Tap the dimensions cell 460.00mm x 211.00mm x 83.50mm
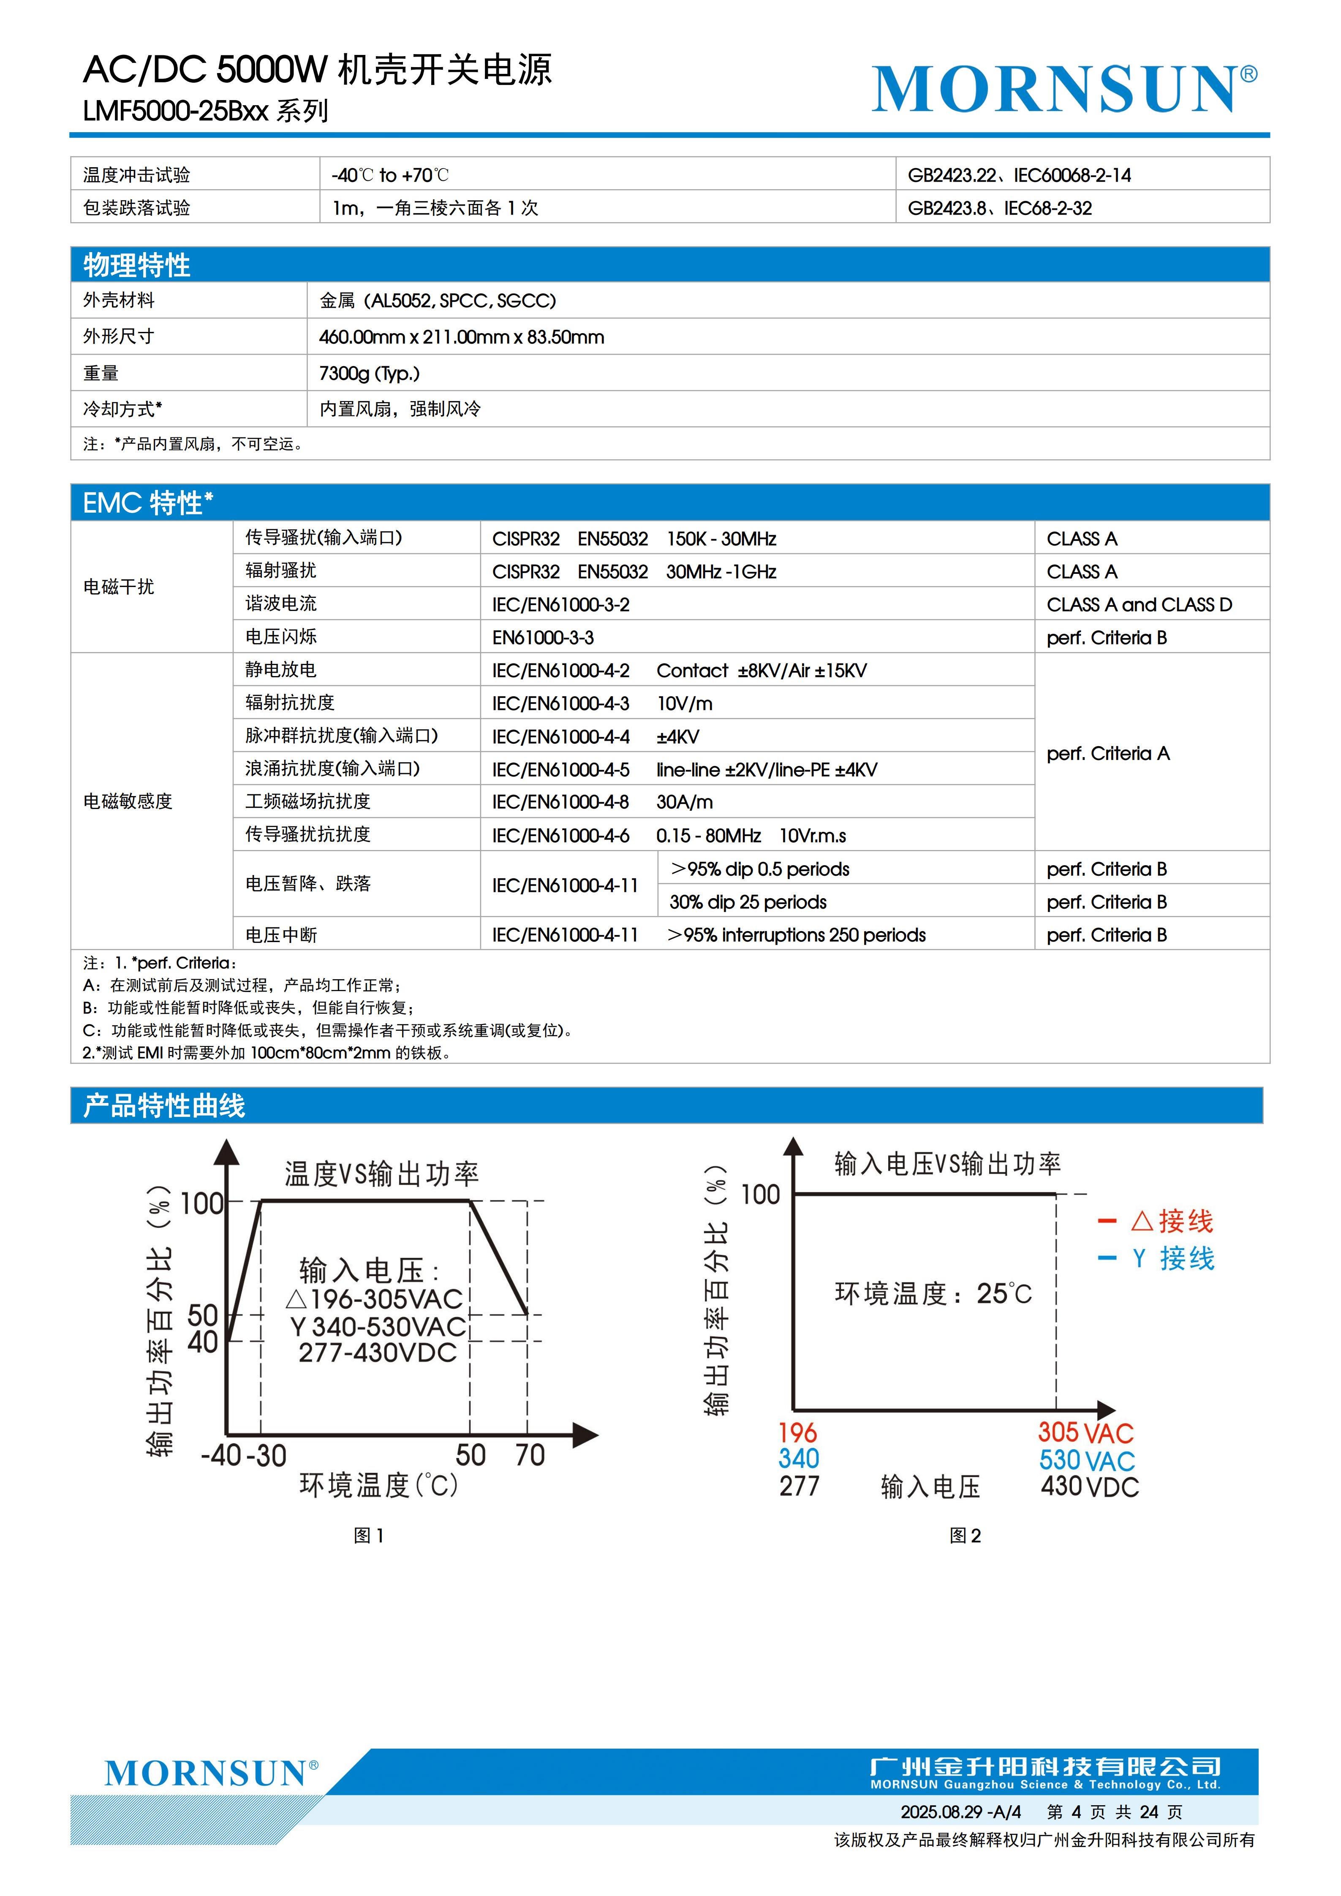(x=462, y=337)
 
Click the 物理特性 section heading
(x=137, y=265)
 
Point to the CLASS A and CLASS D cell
(x=1139, y=604)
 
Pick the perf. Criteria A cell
(x=1107, y=753)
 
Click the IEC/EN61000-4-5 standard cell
(x=560, y=770)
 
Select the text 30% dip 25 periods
(x=747, y=902)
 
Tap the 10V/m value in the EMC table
(x=685, y=704)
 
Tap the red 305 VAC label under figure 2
(x=1085, y=1433)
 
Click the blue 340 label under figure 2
(x=799, y=1459)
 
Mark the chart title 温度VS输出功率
(x=381, y=1173)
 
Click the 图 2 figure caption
(x=964, y=1535)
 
